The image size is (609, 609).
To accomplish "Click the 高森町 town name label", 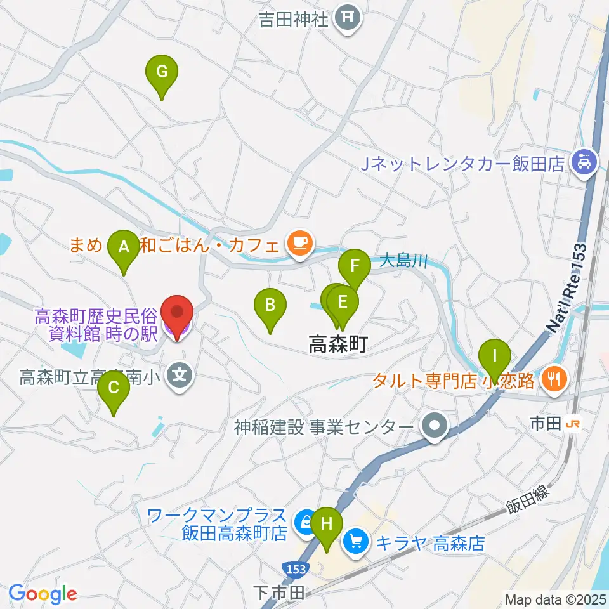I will point(337,344).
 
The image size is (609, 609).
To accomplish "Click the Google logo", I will point(43,593).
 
